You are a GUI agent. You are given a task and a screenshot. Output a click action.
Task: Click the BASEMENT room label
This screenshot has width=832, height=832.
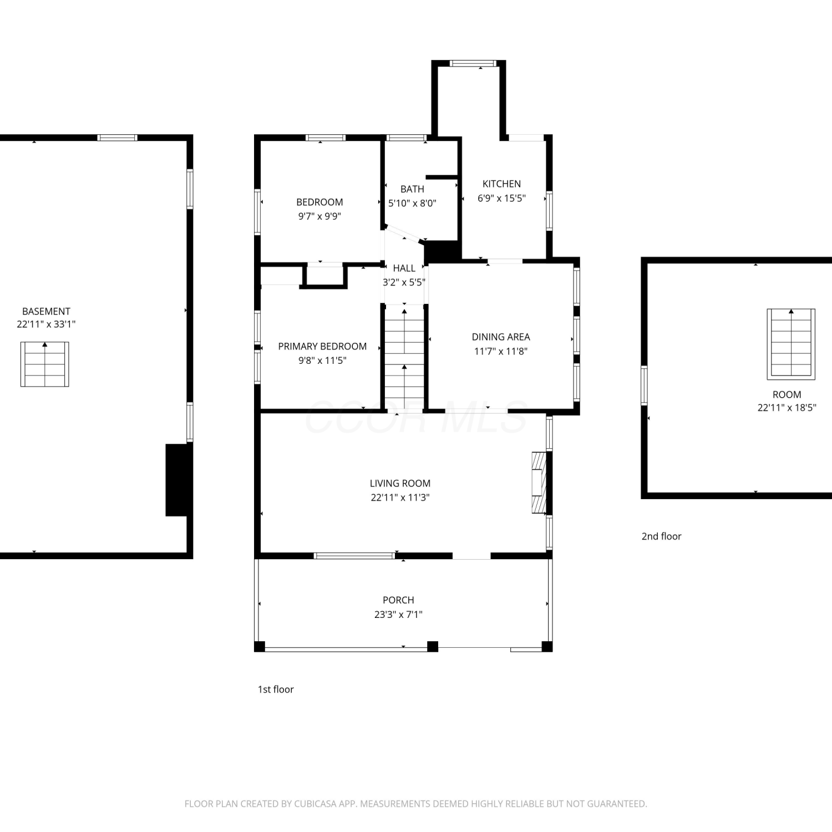46,311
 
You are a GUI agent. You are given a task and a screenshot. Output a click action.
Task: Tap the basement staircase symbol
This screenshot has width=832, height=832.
45,364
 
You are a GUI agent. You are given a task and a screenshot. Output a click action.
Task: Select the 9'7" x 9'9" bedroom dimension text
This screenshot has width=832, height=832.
319,216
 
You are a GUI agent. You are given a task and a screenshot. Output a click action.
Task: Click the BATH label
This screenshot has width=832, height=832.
412,189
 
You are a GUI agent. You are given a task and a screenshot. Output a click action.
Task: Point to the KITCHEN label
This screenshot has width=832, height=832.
501,184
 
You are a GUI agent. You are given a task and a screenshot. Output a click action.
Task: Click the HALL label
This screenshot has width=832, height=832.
404,268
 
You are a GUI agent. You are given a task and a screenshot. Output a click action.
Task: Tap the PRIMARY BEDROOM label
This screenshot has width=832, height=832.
322,346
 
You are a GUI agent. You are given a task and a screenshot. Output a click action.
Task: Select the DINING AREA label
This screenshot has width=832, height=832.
501,337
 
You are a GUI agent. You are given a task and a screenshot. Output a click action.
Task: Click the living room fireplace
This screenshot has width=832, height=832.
539,483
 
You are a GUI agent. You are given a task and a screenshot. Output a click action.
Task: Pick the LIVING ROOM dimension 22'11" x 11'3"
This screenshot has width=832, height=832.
400,498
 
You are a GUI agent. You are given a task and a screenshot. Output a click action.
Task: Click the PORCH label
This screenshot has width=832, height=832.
398,600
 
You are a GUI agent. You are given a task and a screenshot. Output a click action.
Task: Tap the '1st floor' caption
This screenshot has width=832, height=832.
276,689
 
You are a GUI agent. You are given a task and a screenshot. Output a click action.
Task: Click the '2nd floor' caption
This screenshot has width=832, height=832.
661,536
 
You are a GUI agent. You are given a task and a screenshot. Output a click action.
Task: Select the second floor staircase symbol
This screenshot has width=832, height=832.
791,344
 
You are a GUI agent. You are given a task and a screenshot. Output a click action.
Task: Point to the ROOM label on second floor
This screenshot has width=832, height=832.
787,394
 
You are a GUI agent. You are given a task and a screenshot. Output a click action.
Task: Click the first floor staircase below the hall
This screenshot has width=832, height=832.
404,358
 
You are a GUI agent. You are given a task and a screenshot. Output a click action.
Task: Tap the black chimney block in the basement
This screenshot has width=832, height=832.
177,480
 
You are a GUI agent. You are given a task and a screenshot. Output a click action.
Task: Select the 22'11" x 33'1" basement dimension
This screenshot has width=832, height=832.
46,324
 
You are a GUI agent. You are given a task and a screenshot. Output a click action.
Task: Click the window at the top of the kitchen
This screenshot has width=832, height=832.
473,63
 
